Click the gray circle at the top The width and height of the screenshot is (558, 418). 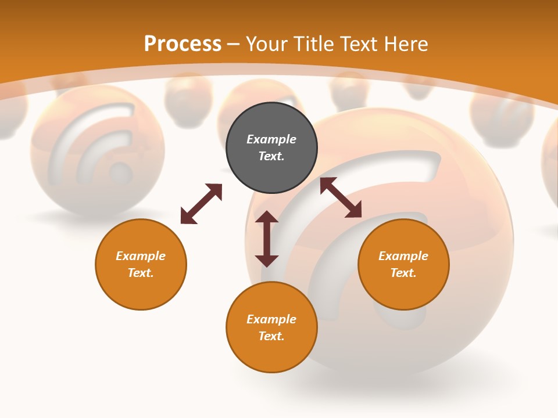pyautogui.click(x=271, y=148)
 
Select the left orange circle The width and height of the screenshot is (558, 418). pyautogui.click(x=141, y=264)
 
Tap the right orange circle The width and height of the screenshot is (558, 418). pyautogui.click(x=403, y=264)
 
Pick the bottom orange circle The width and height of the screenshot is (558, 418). pyautogui.click(x=271, y=327)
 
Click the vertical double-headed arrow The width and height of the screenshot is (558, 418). pyautogui.click(x=267, y=239)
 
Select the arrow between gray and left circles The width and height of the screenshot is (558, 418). pyautogui.click(x=201, y=204)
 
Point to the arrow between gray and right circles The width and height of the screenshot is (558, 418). pyautogui.click(x=341, y=197)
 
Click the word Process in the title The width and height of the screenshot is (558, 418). pyautogui.click(x=183, y=44)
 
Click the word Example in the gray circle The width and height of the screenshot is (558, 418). pyautogui.click(x=271, y=139)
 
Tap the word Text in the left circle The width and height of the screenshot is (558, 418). pyautogui.click(x=141, y=273)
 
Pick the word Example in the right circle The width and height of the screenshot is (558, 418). pyautogui.click(x=403, y=256)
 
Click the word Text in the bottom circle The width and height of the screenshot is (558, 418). pyautogui.click(x=271, y=336)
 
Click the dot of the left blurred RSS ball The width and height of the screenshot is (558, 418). pyautogui.click(x=121, y=172)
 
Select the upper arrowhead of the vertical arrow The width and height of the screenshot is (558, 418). pyautogui.click(x=267, y=218)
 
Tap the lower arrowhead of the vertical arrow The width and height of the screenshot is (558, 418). pyautogui.click(x=267, y=260)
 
